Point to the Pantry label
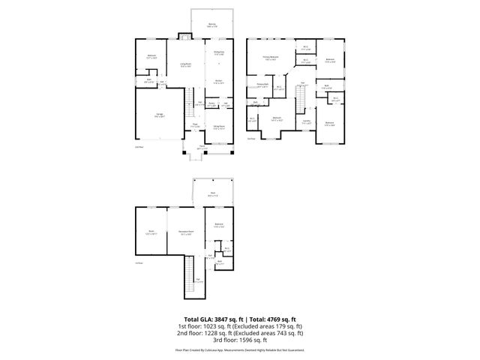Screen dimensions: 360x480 click(x=212, y=104)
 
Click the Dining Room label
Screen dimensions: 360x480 click(x=219, y=127)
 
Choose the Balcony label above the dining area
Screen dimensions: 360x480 click(x=212, y=25)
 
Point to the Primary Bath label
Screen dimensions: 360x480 click(x=262, y=86)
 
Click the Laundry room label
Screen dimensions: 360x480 click(x=306, y=121)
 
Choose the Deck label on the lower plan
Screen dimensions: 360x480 click(x=213, y=194)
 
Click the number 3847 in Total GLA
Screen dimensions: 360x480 click(x=220, y=319)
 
